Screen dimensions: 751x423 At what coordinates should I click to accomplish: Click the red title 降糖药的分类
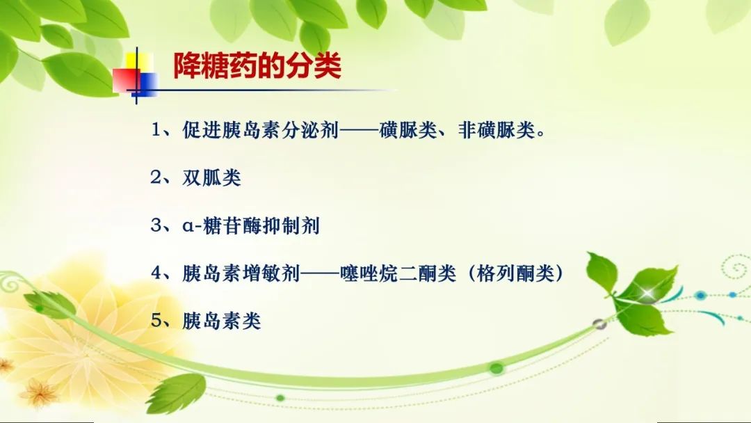(257, 65)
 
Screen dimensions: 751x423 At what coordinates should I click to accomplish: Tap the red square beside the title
(127, 80)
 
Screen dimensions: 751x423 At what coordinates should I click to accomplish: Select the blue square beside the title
(147, 83)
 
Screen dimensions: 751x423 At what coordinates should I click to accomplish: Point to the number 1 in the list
(156, 130)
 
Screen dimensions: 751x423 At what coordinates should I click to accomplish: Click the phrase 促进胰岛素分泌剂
(261, 130)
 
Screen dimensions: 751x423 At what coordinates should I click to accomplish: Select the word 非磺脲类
(496, 130)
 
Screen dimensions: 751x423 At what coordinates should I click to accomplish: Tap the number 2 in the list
(156, 177)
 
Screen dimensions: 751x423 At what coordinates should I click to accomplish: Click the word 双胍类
(211, 177)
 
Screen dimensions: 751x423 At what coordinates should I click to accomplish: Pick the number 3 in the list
(156, 225)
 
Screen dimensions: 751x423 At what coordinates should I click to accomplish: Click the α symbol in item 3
(188, 226)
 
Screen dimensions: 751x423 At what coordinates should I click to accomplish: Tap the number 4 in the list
(156, 273)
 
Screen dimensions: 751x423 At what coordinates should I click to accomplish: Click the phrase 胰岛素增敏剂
(241, 273)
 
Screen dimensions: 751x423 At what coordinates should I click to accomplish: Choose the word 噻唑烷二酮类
(398, 273)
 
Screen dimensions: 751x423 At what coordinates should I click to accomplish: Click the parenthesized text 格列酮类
(516, 273)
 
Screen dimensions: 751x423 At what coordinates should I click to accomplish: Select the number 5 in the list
(156, 321)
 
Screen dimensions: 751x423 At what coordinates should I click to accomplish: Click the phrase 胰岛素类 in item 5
(221, 321)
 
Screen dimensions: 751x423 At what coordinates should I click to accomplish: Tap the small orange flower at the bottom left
(38, 393)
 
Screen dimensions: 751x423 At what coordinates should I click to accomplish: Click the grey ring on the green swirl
(599, 325)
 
